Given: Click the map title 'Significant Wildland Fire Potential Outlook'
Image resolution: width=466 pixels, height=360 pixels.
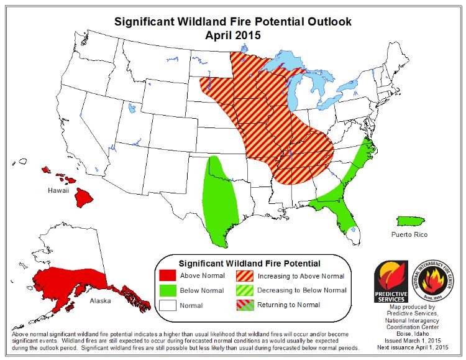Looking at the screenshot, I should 233,22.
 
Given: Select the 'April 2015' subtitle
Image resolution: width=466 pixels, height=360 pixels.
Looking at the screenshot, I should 233,35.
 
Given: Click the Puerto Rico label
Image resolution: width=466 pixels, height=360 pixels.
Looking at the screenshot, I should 409,234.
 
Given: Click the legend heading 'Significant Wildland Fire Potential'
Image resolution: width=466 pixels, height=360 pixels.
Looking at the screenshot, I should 249,262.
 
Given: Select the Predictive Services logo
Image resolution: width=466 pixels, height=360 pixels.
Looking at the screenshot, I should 390,280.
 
